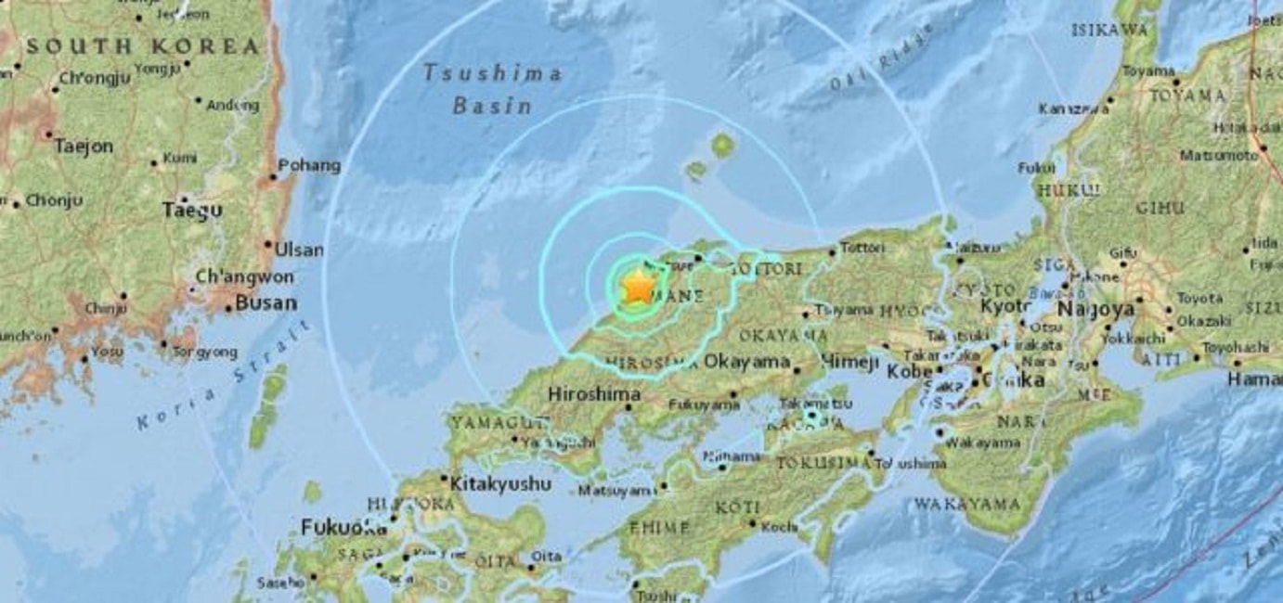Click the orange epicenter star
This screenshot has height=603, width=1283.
point(638,288)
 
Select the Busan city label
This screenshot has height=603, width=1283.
point(266,302)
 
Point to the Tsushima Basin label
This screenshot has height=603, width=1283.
point(492,89)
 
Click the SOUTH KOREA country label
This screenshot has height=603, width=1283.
point(142,46)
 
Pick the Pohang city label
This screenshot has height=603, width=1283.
point(309,166)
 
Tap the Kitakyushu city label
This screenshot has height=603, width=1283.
point(500,483)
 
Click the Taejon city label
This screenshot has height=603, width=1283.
point(83,146)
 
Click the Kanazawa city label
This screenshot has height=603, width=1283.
point(1074,109)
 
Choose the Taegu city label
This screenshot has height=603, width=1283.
point(192,211)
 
